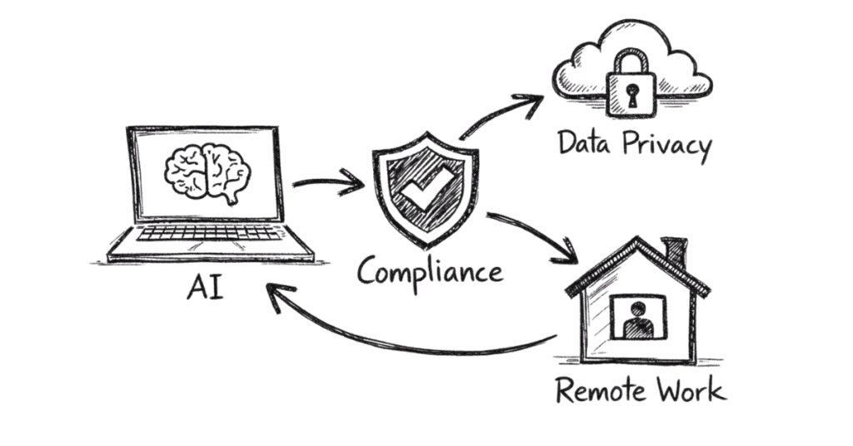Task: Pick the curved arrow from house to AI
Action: pyautogui.click(x=400, y=337)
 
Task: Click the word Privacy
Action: pyautogui.click(x=666, y=146)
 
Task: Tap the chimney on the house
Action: pyautogui.click(x=675, y=252)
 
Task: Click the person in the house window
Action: pyautogui.click(x=639, y=319)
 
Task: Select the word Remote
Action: pyautogui.click(x=597, y=389)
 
